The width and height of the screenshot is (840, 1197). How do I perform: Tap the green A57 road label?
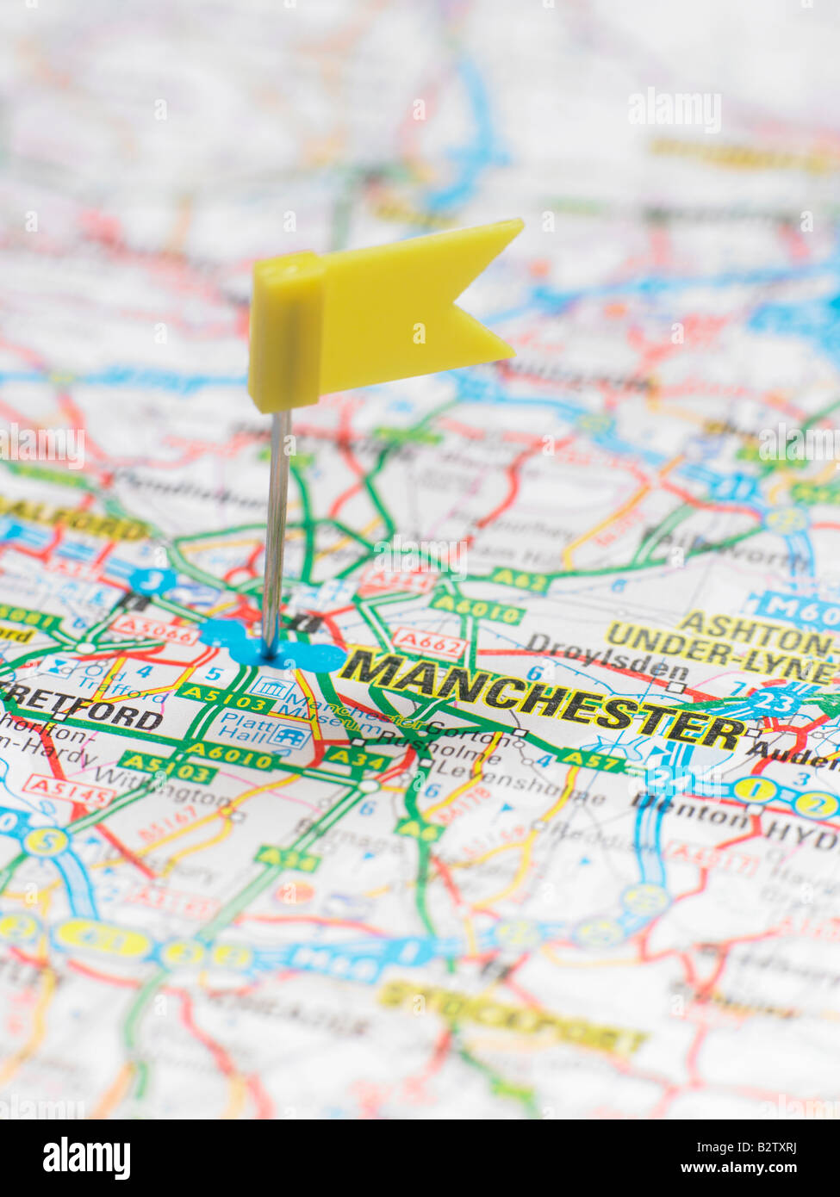(x=590, y=760)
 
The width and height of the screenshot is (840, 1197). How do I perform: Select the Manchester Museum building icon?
(x=273, y=687)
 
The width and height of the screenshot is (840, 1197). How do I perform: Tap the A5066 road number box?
(x=155, y=630)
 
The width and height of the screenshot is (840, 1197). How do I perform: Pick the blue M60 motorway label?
(x=793, y=609)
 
